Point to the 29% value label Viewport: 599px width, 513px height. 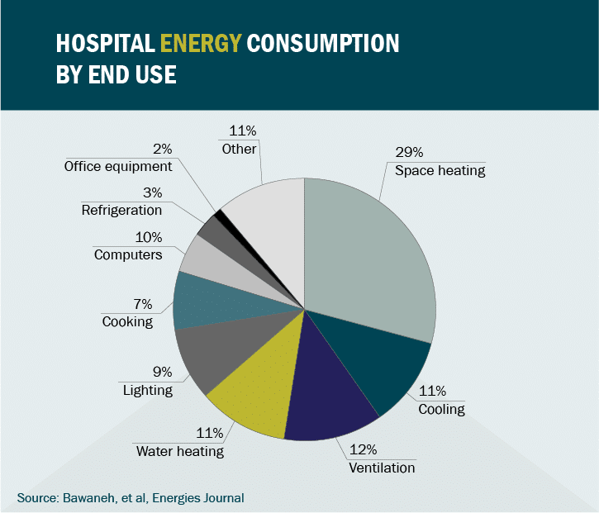click(409, 152)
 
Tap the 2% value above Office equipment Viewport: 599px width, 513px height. click(162, 149)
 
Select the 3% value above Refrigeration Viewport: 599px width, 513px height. click(151, 192)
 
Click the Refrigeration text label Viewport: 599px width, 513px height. click(121, 210)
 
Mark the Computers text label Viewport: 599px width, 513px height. click(128, 254)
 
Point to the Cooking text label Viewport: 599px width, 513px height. click(127, 321)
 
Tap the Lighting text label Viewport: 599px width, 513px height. click(148, 389)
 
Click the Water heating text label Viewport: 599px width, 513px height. click(180, 451)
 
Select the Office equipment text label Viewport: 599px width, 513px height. click(118, 166)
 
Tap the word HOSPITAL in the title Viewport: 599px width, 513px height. click(104, 43)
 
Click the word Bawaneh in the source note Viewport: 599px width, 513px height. click(88, 498)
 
